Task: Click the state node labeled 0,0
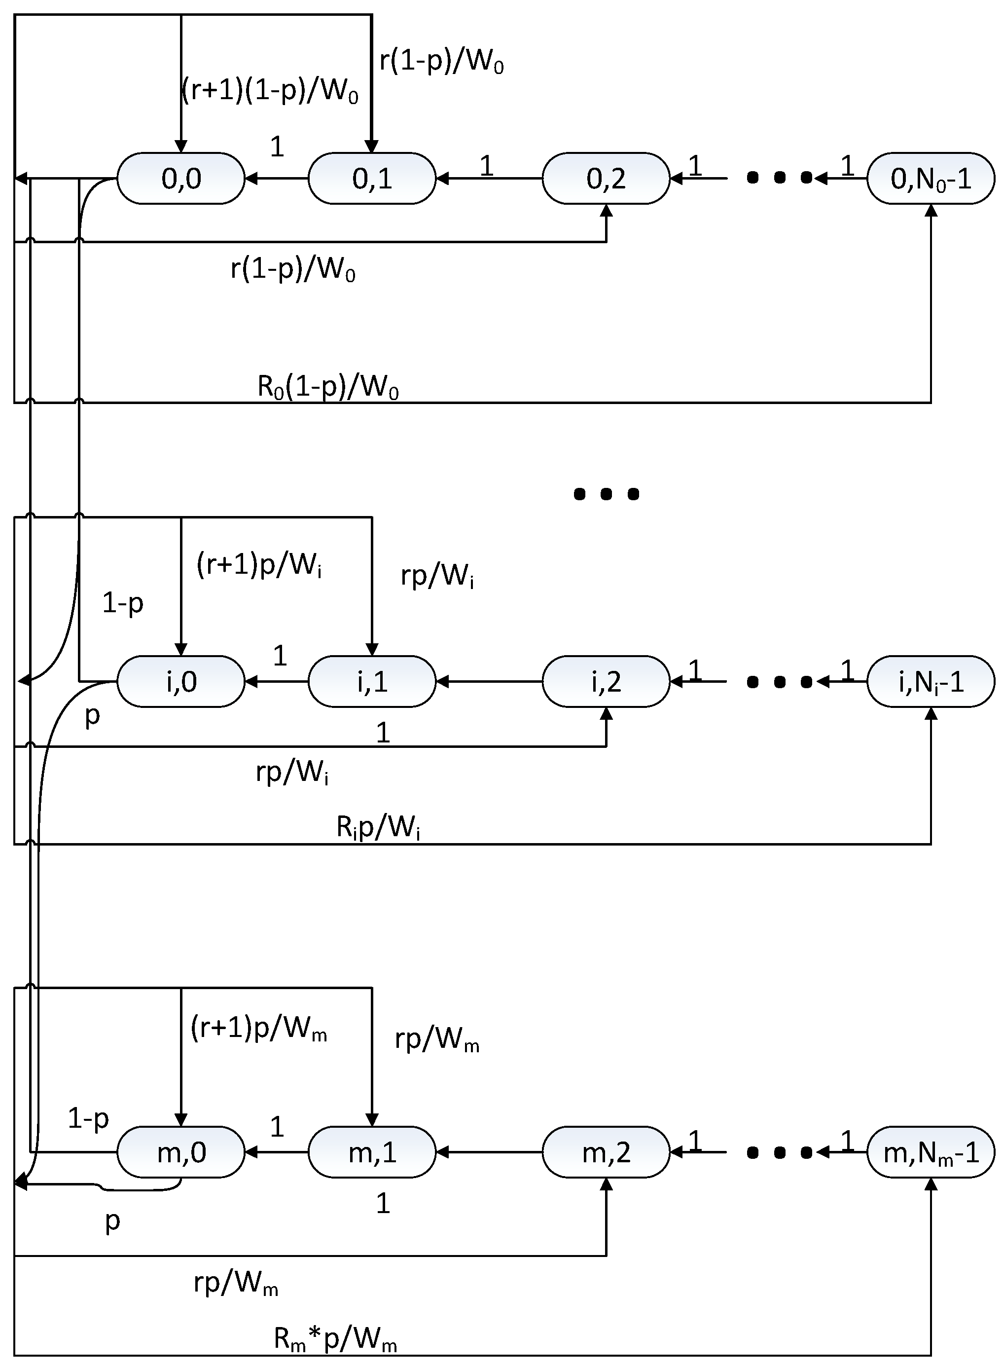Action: pos(181,179)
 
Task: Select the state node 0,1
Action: pos(372,179)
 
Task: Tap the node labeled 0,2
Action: pos(606,179)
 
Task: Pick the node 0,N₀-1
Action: pos(930,179)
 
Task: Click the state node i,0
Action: pos(181,681)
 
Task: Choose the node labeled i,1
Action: pos(372,681)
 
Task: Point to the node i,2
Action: pos(606,681)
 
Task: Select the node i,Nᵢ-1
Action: pos(930,681)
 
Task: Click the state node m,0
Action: pos(181,1152)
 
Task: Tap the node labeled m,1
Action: pos(372,1152)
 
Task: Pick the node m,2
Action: pos(606,1152)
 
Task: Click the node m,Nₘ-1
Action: pos(930,1152)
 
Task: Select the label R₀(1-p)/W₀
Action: pos(328,387)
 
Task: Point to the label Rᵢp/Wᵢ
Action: pos(378,828)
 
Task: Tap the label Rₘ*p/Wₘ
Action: pos(335,1339)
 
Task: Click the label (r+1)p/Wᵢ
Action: pos(259,565)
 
